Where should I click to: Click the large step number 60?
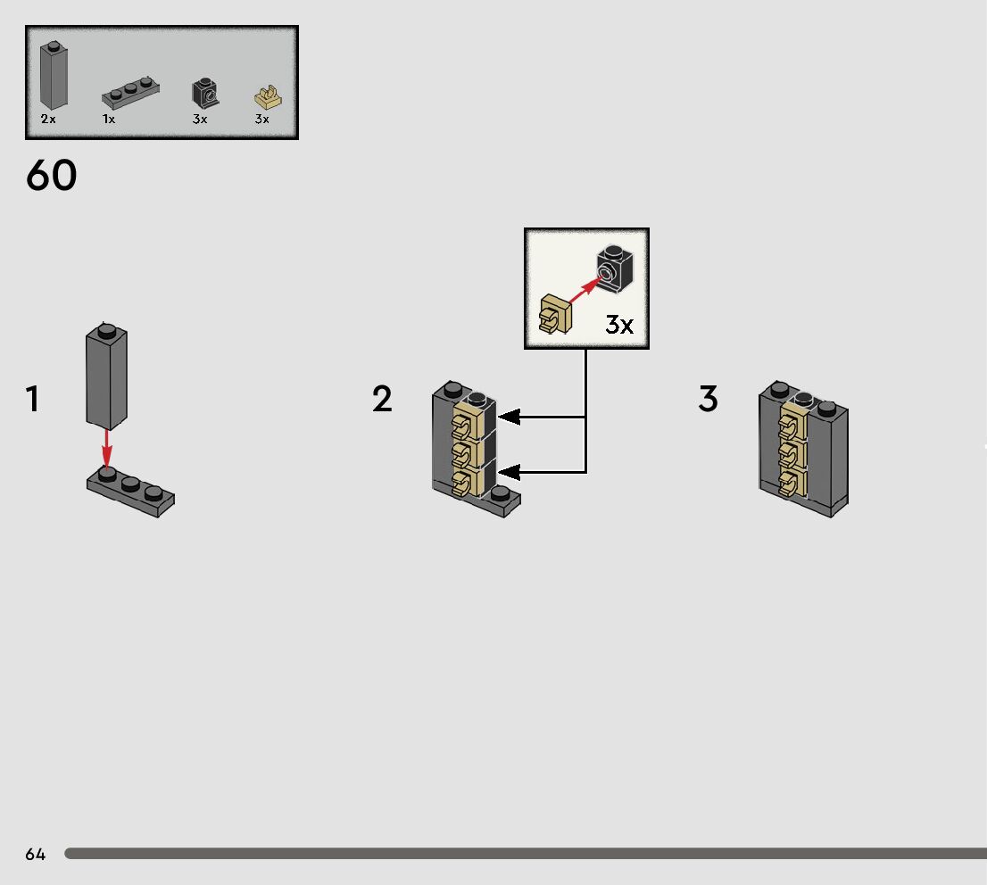(52, 176)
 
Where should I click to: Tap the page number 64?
(35, 855)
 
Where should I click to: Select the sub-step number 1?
(33, 400)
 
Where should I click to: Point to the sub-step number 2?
(382, 400)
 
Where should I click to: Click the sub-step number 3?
(708, 400)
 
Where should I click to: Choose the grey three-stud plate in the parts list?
(131, 91)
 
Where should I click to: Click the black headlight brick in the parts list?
(205, 93)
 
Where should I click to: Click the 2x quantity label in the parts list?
(48, 119)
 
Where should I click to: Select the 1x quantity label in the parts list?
(109, 119)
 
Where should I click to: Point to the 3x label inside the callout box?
(619, 325)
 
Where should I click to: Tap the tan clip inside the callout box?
(555, 315)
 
